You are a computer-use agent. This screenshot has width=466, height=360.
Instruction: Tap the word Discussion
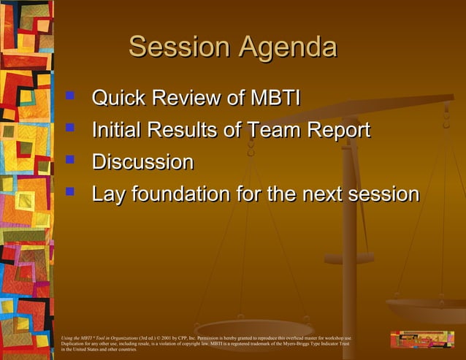tap(143, 161)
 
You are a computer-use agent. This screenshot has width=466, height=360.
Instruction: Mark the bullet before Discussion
tap(71, 159)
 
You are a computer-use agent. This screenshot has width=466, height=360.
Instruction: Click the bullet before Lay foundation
tap(71, 191)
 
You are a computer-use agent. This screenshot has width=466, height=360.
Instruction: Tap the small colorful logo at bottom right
tap(422, 339)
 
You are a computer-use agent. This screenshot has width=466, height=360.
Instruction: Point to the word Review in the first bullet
tap(191, 99)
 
